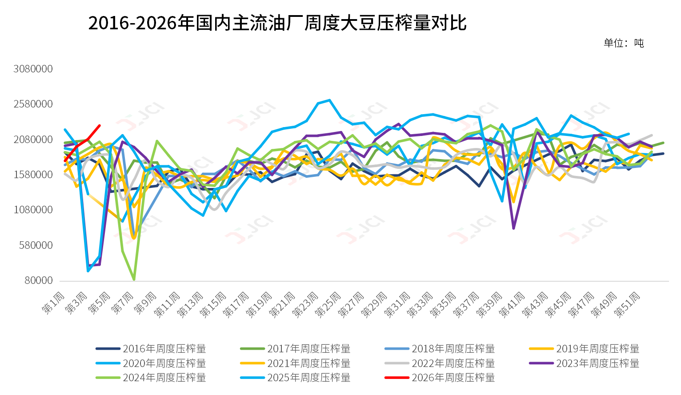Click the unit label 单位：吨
623,43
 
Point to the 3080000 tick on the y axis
33,69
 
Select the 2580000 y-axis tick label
33,104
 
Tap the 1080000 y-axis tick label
33,210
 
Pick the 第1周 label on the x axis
54,303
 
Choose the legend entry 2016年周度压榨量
164,349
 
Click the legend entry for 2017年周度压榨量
308,349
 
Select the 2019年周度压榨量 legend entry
597,349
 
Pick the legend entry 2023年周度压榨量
597,363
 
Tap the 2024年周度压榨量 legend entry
164,378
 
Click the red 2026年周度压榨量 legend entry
453,378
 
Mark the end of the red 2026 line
99,126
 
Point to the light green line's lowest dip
134,279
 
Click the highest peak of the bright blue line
329,100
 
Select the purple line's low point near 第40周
513,228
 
